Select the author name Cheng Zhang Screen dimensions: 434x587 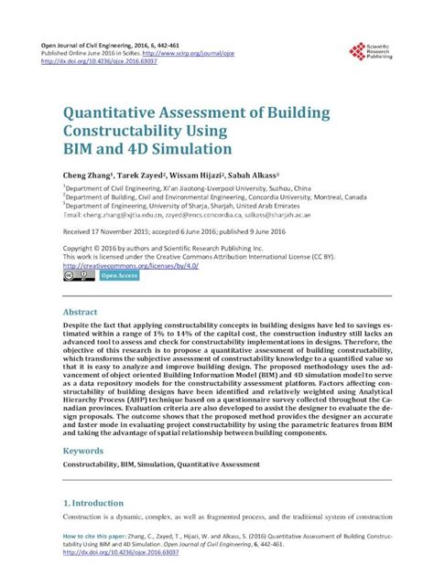click(x=88, y=172)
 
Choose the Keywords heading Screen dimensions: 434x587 click(x=88, y=451)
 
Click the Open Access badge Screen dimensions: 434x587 click(x=119, y=274)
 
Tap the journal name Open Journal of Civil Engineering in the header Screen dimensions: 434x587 click(x=92, y=44)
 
